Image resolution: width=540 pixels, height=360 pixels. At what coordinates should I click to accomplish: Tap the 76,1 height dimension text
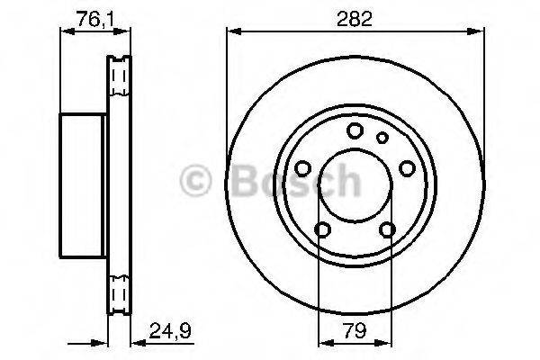(x=86, y=15)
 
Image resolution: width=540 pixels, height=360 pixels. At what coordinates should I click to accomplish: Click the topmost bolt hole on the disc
(x=355, y=130)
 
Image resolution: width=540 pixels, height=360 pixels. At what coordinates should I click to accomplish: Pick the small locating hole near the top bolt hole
(x=382, y=137)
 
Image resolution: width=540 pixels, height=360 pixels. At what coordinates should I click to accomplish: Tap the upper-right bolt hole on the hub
(x=407, y=168)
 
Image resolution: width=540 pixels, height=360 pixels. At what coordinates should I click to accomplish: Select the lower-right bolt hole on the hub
(x=387, y=229)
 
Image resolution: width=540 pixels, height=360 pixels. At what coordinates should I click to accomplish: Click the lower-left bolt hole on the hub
(x=322, y=229)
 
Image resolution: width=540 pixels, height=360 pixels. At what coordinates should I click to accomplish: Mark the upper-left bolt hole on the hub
(x=302, y=168)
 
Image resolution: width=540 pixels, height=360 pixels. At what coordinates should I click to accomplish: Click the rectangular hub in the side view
(x=84, y=185)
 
